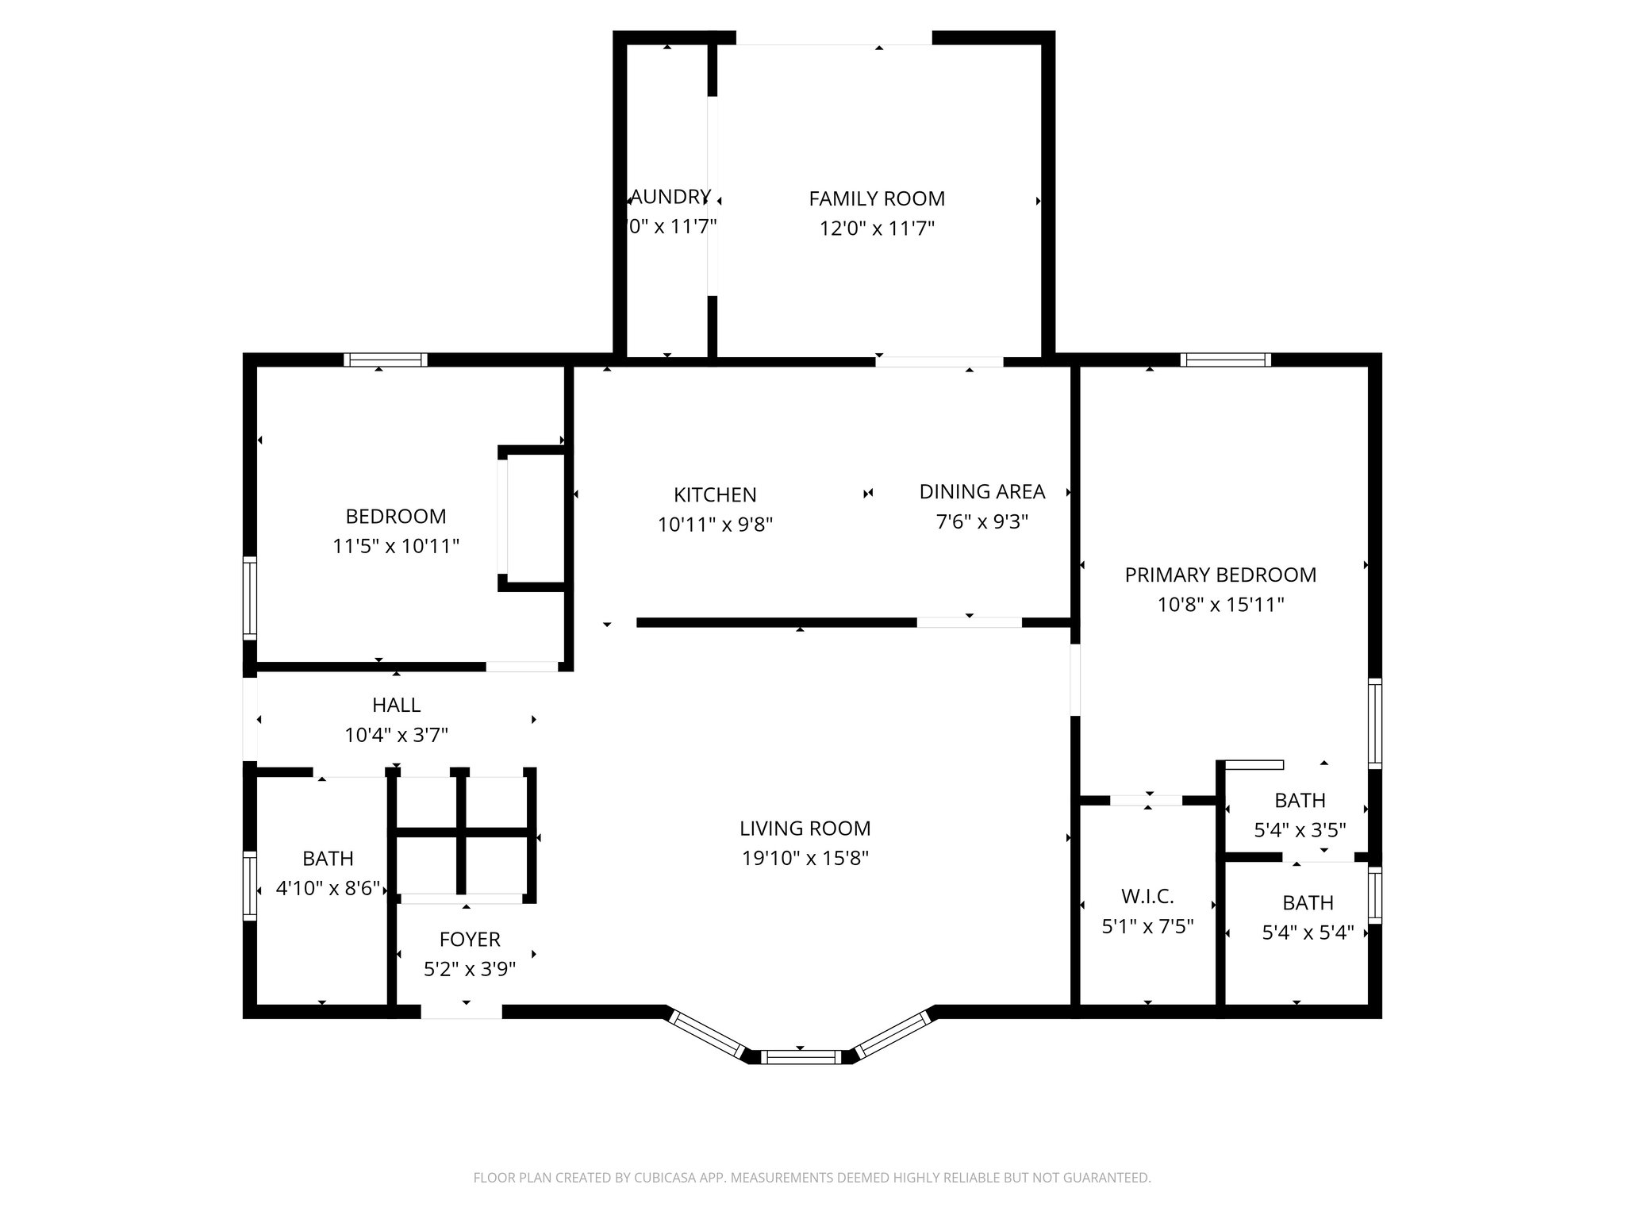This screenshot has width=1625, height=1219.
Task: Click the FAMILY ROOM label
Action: [877, 198]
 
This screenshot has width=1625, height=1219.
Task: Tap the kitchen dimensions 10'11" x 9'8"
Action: [715, 525]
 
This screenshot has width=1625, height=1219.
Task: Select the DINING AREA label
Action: [982, 492]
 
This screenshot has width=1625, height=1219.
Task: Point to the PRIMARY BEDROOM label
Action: [1220, 575]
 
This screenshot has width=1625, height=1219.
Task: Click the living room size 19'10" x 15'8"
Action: [805, 858]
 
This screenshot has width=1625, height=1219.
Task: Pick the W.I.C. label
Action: [1147, 897]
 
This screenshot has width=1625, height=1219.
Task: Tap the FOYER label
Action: [470, 940]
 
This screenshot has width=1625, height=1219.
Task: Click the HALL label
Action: [396, 705]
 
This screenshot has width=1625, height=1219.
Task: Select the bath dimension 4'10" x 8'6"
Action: [328, 888]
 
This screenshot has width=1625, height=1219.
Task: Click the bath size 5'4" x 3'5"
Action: [1300, 830]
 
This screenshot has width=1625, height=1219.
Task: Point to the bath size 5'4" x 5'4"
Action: [1308, 933]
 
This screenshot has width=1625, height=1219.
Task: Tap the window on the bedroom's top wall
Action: [386, 360]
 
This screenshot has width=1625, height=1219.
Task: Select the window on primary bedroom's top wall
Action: [1225, 360]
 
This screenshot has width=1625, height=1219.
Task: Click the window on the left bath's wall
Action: [251, 886]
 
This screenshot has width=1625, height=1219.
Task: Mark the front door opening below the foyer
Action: [461, 1012]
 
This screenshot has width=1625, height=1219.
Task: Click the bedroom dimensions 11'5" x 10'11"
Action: [396, 546]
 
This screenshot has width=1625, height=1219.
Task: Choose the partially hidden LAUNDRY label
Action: [670, 197]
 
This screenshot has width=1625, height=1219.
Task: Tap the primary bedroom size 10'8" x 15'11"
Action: [1220, 605]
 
